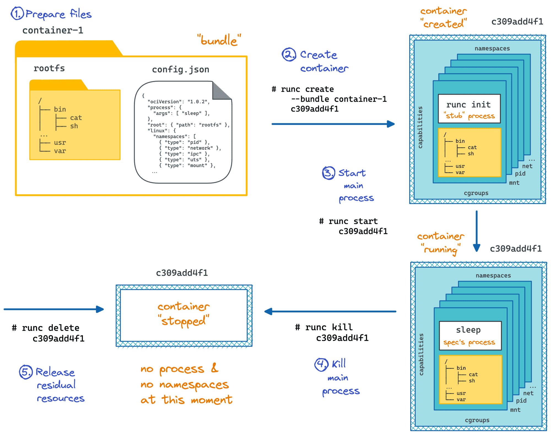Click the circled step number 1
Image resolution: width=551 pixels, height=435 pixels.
[x=17, y=13]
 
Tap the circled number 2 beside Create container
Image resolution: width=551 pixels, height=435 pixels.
[x=288, y=55]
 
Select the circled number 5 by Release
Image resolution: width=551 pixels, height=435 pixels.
[x=26, y=372]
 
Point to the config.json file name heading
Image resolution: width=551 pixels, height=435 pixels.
[x=180, y=69]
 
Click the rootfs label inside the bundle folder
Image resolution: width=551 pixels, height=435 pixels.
[x=49, y=68]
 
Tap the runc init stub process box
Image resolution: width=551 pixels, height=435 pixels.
[x=469, y=109]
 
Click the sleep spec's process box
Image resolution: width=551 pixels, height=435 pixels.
[x=470, y=336]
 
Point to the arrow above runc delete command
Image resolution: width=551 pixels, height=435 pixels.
[x=54, y=309]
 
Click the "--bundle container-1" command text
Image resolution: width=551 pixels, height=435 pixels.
[x=339, y=99]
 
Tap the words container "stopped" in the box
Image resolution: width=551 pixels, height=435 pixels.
[x=183, y=314]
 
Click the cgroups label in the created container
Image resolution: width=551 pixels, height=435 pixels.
[x=476, y=193]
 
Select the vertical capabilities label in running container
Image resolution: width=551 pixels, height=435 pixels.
[x=421, y=354]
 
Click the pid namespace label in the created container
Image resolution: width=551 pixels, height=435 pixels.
[x=520, y=173]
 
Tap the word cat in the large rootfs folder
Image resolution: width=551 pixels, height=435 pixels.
[x=76, y=118]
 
